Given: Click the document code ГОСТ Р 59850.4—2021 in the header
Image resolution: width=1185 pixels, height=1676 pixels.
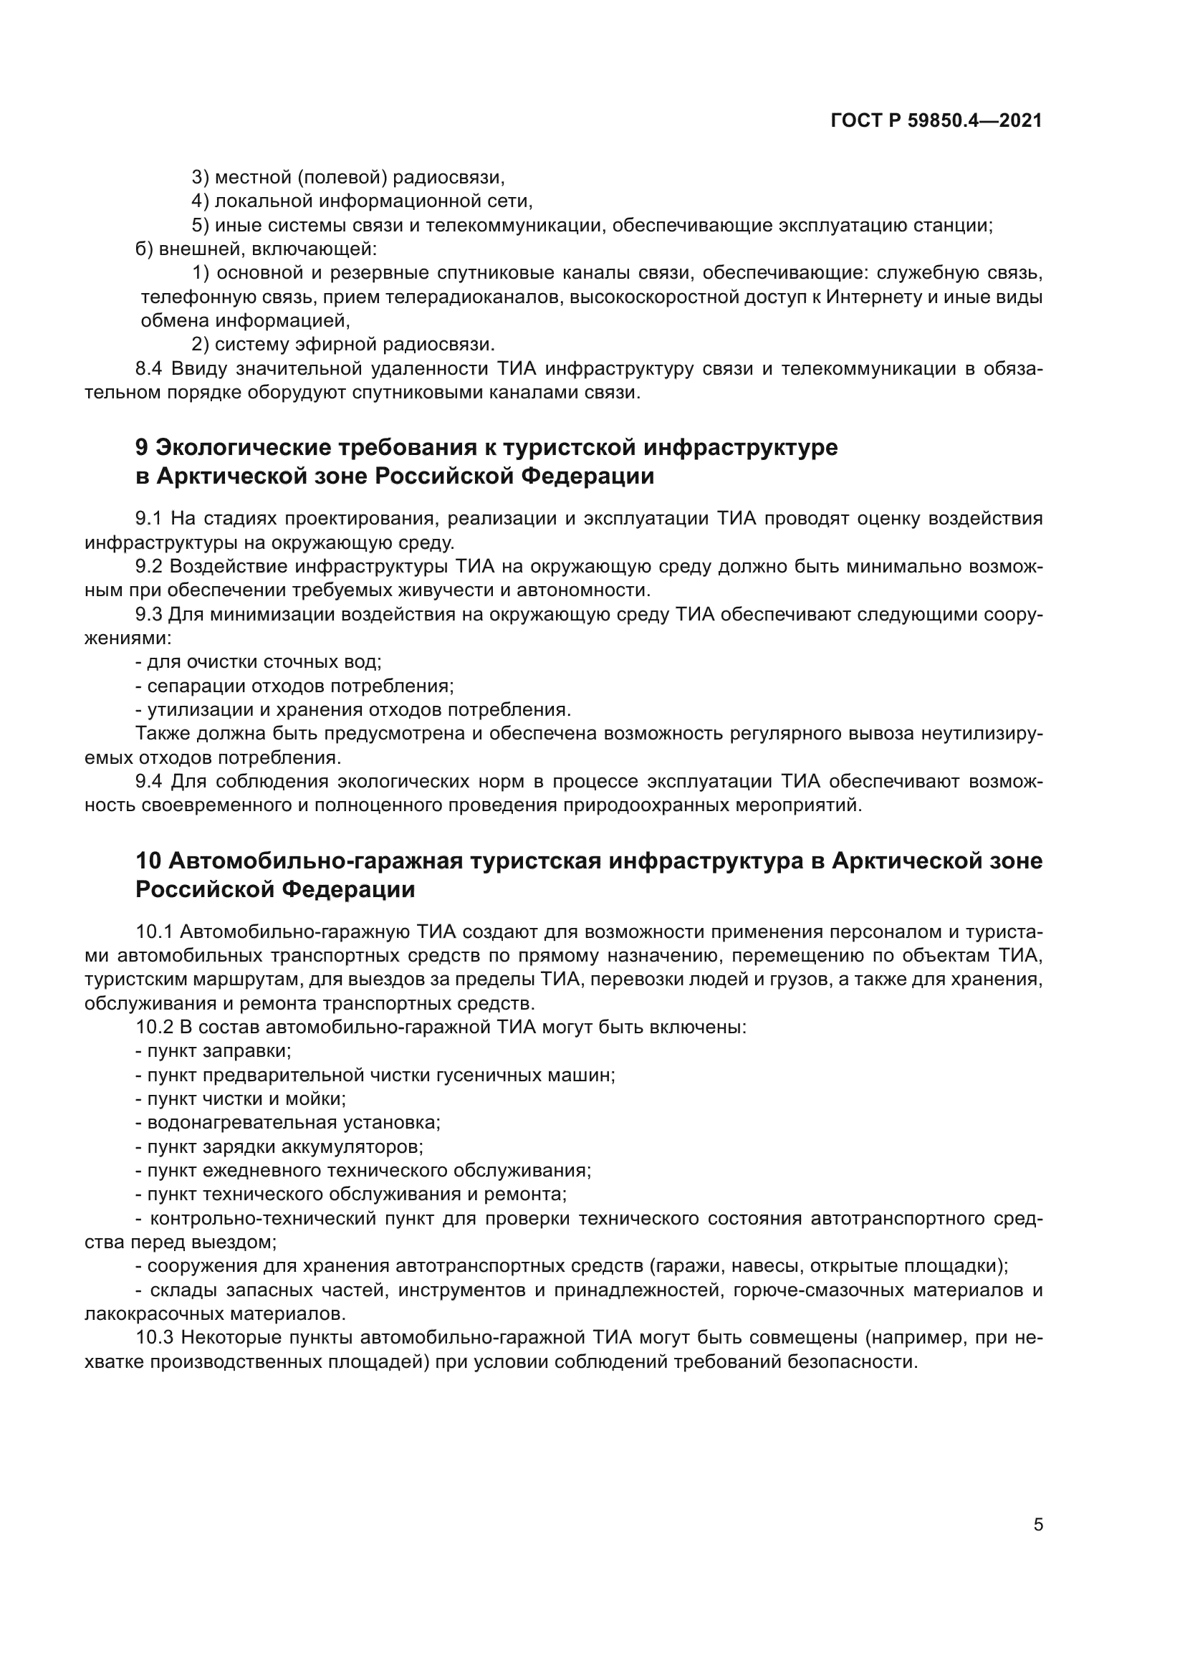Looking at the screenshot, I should (936, 121).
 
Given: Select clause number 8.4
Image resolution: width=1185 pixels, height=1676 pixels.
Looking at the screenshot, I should (150, 368).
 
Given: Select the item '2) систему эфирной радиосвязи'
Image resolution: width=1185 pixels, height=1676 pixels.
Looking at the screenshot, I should (344, 344).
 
